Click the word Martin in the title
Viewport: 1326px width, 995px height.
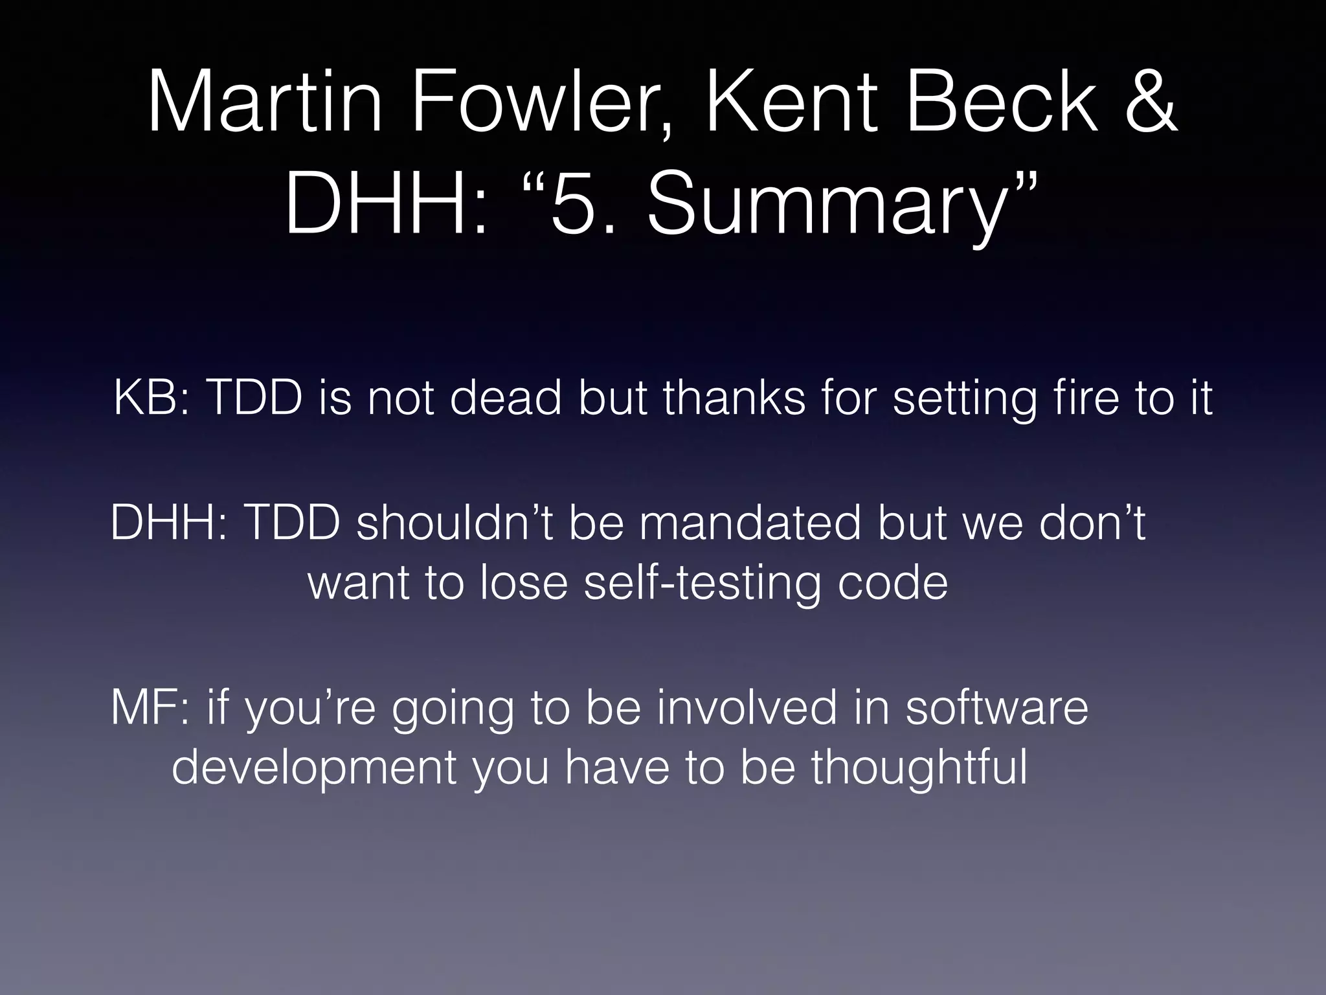point(265,104)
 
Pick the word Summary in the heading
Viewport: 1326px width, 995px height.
point(822,205)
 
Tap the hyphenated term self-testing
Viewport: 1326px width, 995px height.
point(702,583)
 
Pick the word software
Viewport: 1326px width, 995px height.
point(997,707)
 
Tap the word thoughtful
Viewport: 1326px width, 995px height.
point(919,768)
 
